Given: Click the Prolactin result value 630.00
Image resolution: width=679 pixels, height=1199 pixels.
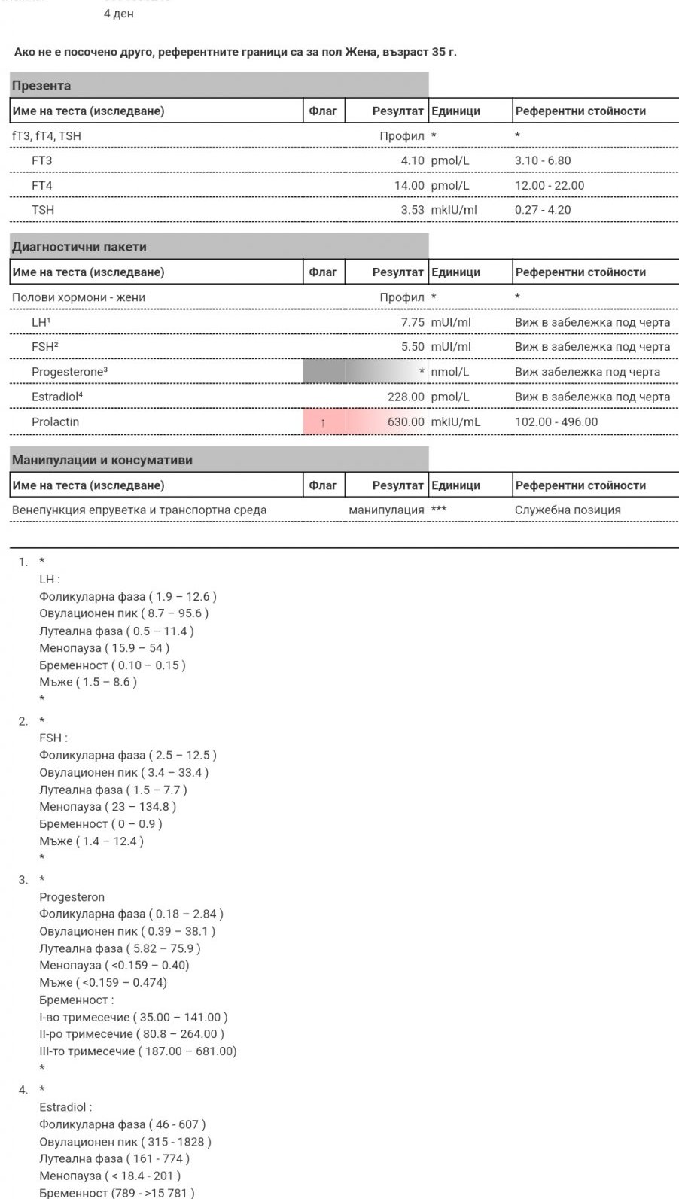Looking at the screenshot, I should point(406,422).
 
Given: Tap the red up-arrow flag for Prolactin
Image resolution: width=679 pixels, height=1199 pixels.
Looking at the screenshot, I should point(323,422).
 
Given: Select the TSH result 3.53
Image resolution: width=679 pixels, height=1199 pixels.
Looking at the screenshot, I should point(412,210).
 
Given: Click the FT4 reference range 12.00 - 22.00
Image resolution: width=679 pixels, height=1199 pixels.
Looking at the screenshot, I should point(550,185).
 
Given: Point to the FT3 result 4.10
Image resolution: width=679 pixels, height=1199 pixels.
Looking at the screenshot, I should point(412,160).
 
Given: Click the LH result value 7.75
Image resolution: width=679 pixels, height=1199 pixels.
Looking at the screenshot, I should point(412,322).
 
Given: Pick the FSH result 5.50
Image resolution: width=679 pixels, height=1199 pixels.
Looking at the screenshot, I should point(412,347).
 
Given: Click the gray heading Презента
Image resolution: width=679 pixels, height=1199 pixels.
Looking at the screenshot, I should point(41,86).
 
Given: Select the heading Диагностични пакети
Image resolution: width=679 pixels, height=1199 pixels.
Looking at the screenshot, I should point(79,247).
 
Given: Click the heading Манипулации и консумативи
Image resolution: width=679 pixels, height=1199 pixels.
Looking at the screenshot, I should point(102,460).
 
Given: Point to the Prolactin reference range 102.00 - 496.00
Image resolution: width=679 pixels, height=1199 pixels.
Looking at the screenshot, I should point(556,422).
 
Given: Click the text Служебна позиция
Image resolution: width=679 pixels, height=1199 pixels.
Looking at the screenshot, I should point(568,510).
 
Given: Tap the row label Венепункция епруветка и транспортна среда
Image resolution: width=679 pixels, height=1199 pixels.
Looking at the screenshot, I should point(139,510).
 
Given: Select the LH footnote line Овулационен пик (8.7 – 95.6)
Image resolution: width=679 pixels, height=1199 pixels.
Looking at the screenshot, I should point(124,613).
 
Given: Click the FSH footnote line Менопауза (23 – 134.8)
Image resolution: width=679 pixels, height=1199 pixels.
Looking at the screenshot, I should point(108,807).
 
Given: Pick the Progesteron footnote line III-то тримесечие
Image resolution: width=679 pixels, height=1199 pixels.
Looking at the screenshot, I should point(138,1051).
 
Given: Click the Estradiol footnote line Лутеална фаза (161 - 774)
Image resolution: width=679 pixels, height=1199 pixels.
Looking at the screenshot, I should point(114,1159).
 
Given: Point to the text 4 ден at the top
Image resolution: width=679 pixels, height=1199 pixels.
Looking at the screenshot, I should point(119,14).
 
